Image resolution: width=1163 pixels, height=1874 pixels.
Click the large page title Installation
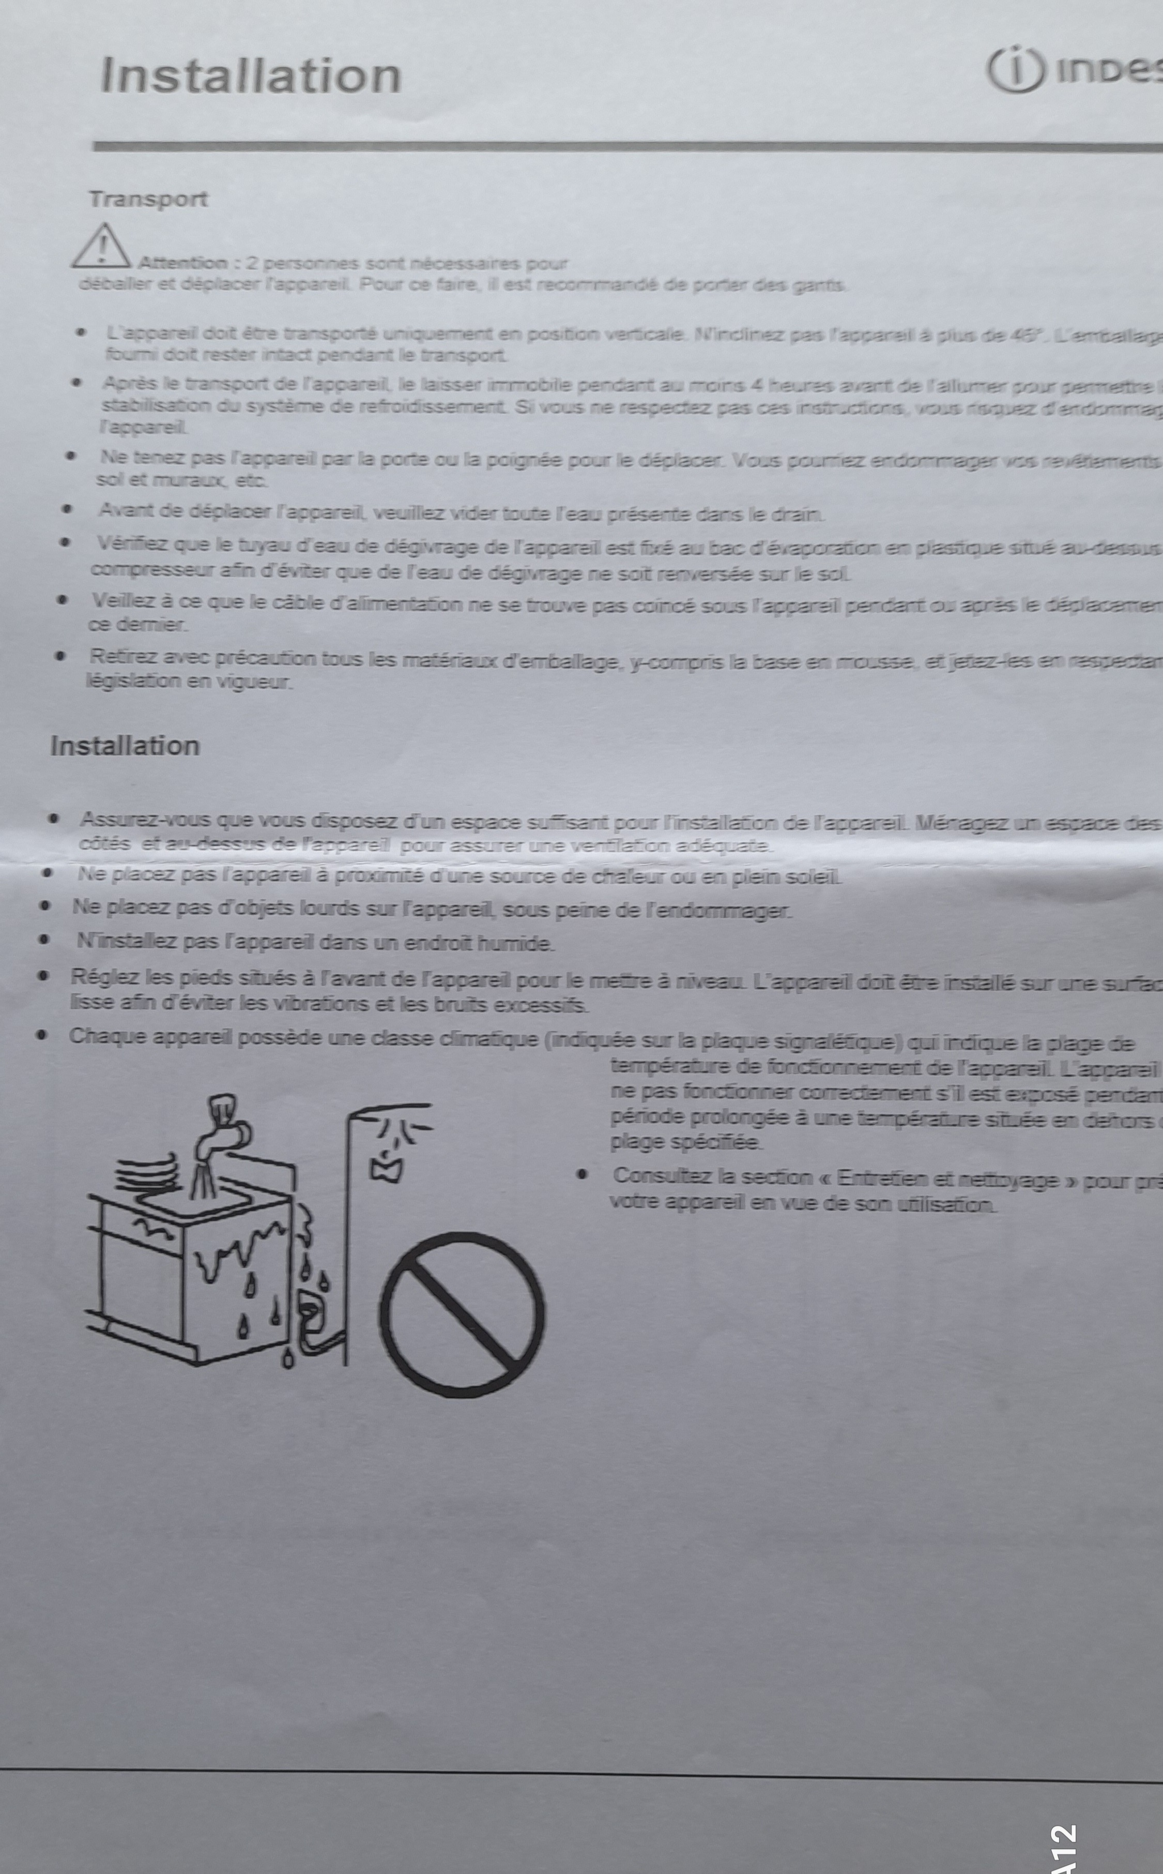click(251, 75)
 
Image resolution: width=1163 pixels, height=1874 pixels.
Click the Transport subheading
click(148, 199)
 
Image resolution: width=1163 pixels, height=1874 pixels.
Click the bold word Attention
click(183, 263)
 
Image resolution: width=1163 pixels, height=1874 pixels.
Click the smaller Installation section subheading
click(125, 746)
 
